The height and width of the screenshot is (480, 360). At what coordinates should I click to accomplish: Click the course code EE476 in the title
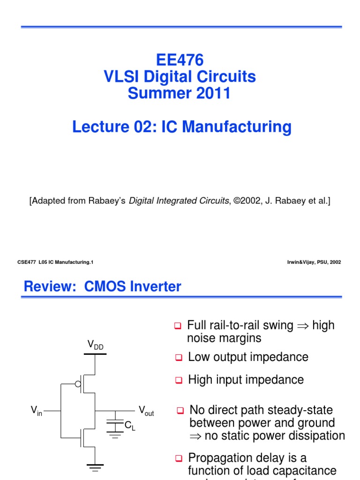click(x=180, y=60)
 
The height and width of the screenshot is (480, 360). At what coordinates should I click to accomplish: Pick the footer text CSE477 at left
click(x=27, y=262)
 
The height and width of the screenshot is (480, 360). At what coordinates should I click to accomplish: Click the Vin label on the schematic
click(x=36, y=411)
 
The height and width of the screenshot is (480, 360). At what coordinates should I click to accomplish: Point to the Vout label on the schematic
click(x=146, y=411)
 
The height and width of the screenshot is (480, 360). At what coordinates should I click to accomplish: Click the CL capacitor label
click(x=129, y=426)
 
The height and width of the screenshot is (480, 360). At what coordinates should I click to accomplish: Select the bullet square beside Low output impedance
click(x=178, y=358)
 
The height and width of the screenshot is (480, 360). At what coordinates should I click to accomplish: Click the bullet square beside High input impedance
click(x=178, y=380)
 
